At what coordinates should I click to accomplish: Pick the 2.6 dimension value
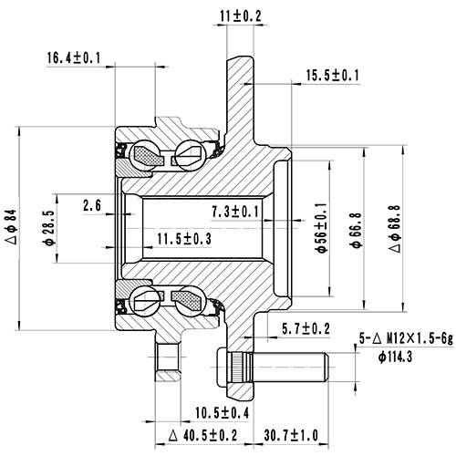tap(91, 204)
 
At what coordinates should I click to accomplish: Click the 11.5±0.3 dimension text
tap(183, 239)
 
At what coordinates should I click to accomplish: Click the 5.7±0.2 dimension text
tap(305, 327)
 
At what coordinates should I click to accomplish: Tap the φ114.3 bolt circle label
tap(394, 356)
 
